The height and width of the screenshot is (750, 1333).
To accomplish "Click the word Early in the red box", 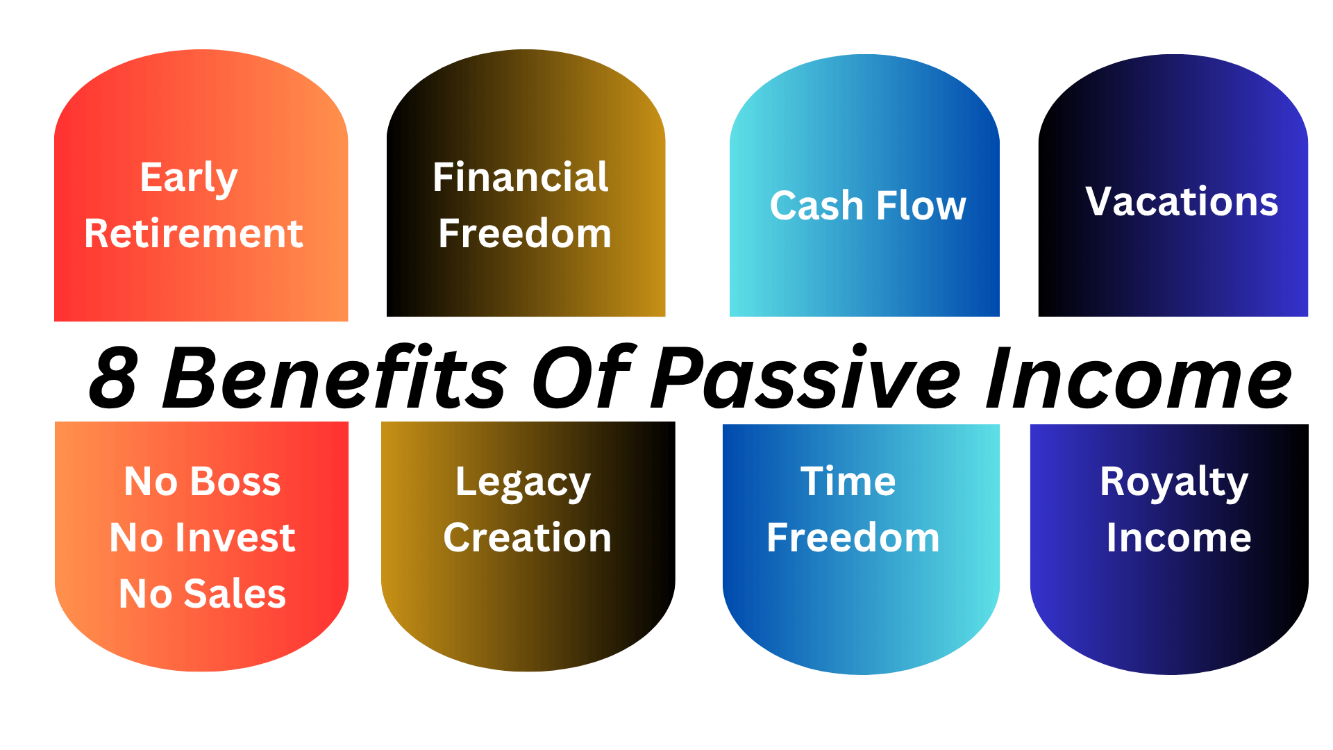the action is [189, 178].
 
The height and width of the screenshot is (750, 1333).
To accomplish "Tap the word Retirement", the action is [194, 233].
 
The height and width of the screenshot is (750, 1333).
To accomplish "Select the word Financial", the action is [521, 177].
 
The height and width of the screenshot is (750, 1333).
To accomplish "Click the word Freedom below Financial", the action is [525, 233].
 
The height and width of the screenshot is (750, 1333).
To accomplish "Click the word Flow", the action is [921, 206].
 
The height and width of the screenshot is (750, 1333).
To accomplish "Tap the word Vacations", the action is [1182, 202].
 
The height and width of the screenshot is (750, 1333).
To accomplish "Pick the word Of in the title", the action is [582, 377].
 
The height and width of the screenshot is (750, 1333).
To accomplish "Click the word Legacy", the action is [523, 483].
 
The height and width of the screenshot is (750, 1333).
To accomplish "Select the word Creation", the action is [528, 537].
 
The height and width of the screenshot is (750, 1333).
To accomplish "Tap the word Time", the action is [848, 481].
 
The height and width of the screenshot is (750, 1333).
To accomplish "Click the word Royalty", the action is [1174, 483].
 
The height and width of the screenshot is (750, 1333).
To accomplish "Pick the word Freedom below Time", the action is [853, 537].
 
